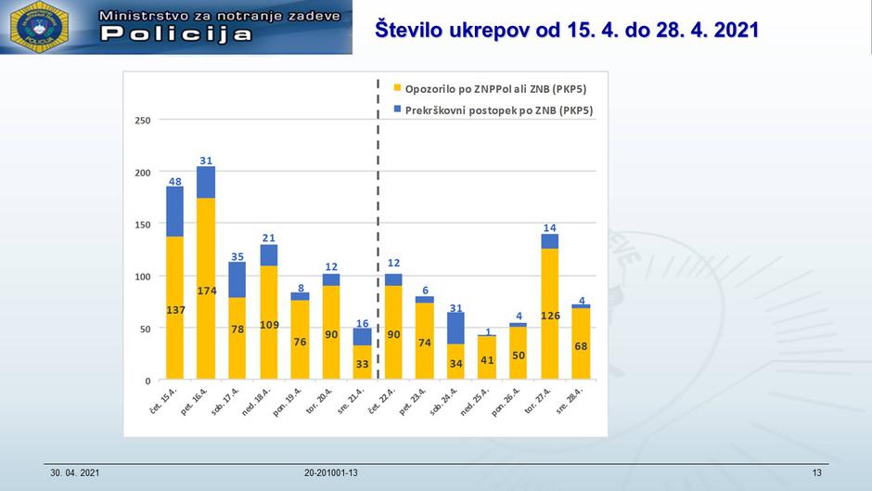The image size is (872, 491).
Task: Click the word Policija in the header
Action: click(176, 34)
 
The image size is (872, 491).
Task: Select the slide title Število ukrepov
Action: click(567, 29)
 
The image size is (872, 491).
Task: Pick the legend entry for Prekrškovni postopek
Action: click(493, 110)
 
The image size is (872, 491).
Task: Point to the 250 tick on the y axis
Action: click(143, 121)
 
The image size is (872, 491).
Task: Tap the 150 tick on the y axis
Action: click(143, 225)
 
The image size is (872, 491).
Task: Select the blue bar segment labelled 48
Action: click(174, 212)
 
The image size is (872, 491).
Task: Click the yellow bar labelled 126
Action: click(549, 314)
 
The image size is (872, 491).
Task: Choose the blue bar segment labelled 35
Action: click(237, 279)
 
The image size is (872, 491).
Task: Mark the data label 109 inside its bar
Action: click(268, 326)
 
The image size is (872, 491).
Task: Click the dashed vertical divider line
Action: click(378, 232)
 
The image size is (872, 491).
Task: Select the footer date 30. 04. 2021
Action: click(74, 473)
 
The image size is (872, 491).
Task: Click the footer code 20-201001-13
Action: click(330, 473)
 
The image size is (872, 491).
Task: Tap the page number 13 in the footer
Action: click(816, 473)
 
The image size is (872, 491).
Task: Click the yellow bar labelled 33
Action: click(362, 363)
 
